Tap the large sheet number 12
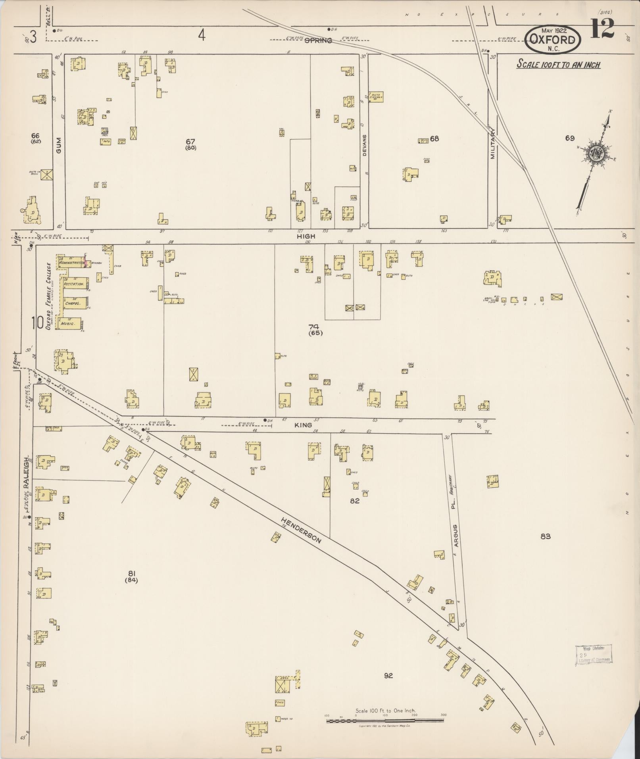pos(602,29)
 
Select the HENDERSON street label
pos(301,530)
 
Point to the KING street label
pos(303,425)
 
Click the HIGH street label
pos(306,236)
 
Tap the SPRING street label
pos(318,40)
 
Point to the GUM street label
pos(59,145)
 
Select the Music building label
pos(68,324)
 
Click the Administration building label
pos(71,263)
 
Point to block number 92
pos(388,676)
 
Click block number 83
pos(546,536)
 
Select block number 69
pos(570,138)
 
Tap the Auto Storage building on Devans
pos(375,97)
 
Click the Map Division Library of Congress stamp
pos(593,654)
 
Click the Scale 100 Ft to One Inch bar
pos(385,720)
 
